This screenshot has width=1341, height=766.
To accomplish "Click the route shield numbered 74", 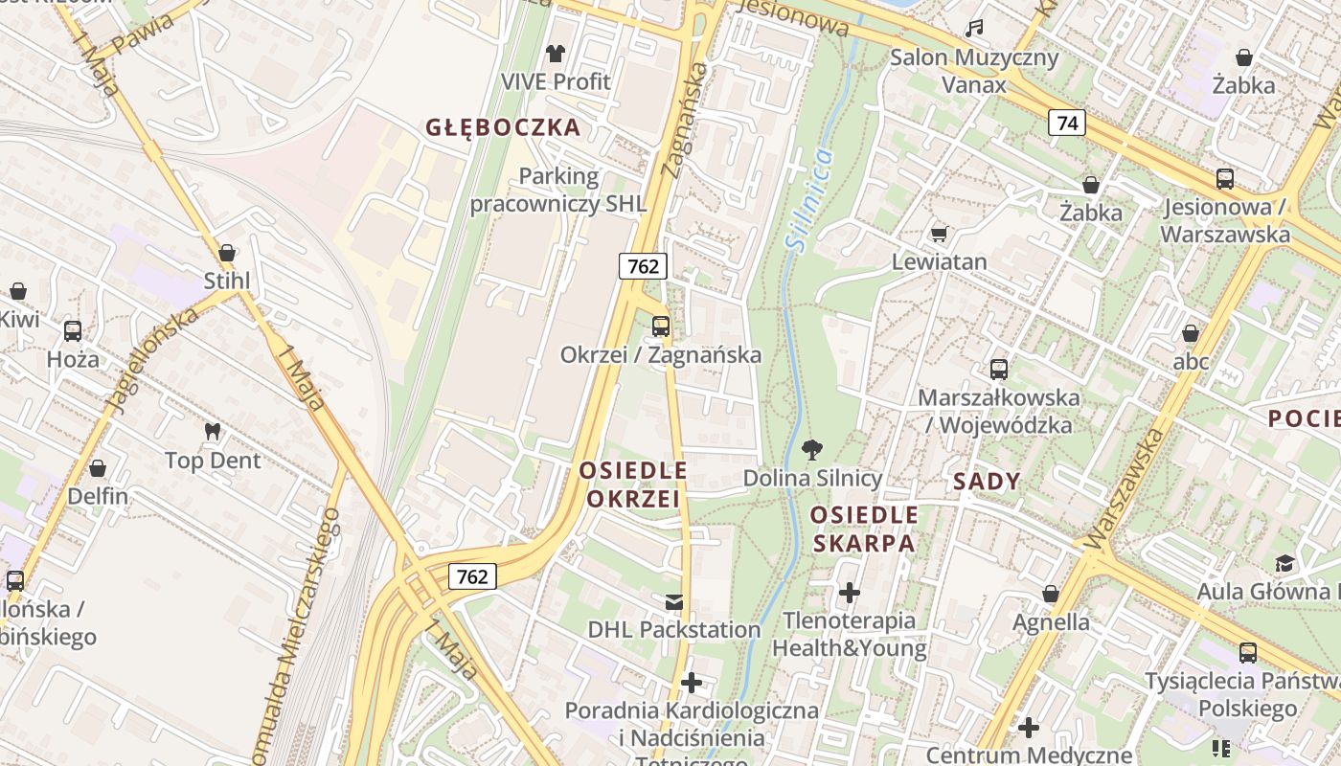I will click(x=1067, y=123).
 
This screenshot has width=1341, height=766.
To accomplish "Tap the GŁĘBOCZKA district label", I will click(x=503, y=127).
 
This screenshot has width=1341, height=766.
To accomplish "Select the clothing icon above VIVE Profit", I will click(x=556, y=54).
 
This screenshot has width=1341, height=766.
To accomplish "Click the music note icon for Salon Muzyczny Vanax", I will click(x=974, y=29).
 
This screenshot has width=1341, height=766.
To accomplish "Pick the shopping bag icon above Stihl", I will click(x=227, y=253).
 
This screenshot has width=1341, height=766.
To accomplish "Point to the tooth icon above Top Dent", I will click(x=213, y=432).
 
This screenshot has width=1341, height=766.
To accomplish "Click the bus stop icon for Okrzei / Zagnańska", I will click(x=661, y=327).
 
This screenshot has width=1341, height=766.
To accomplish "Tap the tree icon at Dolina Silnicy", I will click(x=812, y=449).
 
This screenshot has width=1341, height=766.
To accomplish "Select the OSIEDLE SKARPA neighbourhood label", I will click(x=863, y=529).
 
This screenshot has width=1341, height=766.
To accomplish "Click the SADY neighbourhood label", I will click(x=987, y=482).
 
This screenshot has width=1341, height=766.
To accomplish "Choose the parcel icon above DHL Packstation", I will click(x=674, y=601).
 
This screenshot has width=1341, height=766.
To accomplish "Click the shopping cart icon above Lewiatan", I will click(x=939, y=234).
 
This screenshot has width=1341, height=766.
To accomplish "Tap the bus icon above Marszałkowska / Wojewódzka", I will click(x=998, y=369).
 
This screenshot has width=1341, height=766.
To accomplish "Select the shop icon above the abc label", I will click(x=1191, y=333).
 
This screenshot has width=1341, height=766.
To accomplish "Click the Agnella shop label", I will click(x=1051, y=622).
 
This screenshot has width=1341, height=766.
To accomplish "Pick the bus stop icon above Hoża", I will click(x=73, y=331).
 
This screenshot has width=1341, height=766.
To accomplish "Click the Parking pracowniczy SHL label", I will click(x=558, y=191).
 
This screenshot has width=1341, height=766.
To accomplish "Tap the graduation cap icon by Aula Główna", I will click(x=1284, y=563).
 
